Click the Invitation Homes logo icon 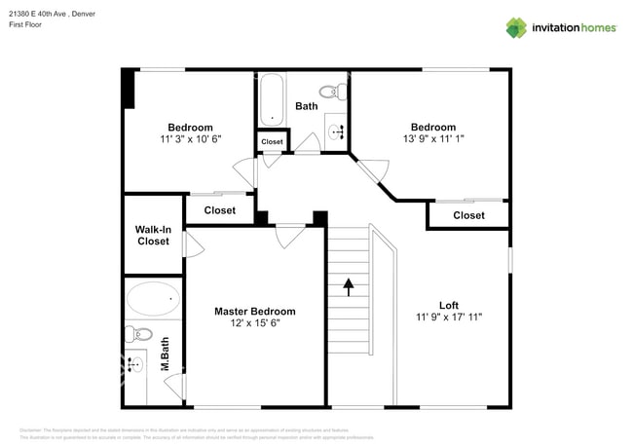[515, 27]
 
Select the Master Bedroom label [254, 312]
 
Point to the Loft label [448, 304]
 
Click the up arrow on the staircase [348, 287]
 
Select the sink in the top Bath [335, 132]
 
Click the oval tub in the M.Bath [152, 299]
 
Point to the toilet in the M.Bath [135, 335]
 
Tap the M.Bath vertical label [165, 361]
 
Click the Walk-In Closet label [153, 236]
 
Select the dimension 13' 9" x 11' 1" [432, 139]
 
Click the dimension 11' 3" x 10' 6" [190, 139]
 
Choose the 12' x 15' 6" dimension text [254, 323]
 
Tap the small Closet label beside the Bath [272, 142]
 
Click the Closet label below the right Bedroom [468, 215]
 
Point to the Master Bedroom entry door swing [290, 235]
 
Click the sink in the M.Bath [136, 365]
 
